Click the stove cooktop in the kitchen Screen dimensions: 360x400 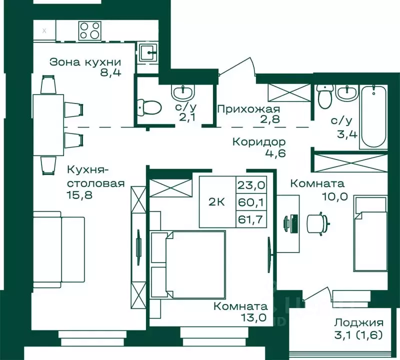coord(90,30)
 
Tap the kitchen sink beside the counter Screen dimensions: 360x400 coord(147,51)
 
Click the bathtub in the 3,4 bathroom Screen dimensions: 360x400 coord(372,116)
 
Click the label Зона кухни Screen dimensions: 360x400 coord(85,62)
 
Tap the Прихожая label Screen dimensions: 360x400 coord(248,109)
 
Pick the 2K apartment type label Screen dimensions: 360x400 coord(216,202)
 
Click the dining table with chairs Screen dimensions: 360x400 coord(48,120)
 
